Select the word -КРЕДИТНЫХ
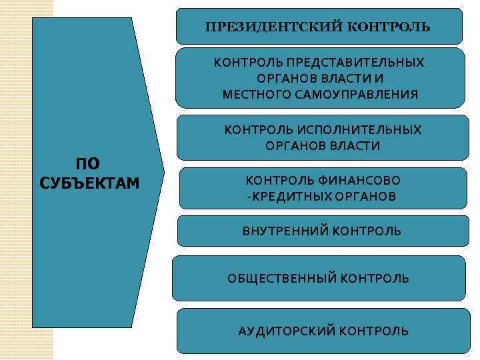pos(281,197)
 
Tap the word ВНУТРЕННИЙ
pos(285,231)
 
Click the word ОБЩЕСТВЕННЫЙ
pos(281,278)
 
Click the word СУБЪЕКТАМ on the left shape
pos(90,183)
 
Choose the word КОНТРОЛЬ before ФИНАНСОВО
pos(273,180)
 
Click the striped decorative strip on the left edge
pos(17,180)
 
